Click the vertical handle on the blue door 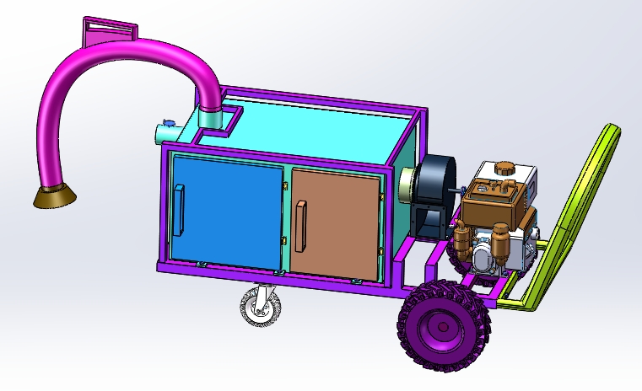tap(178, 210)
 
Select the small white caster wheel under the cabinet tap(258, 306)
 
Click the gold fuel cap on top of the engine tap(504, 168)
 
